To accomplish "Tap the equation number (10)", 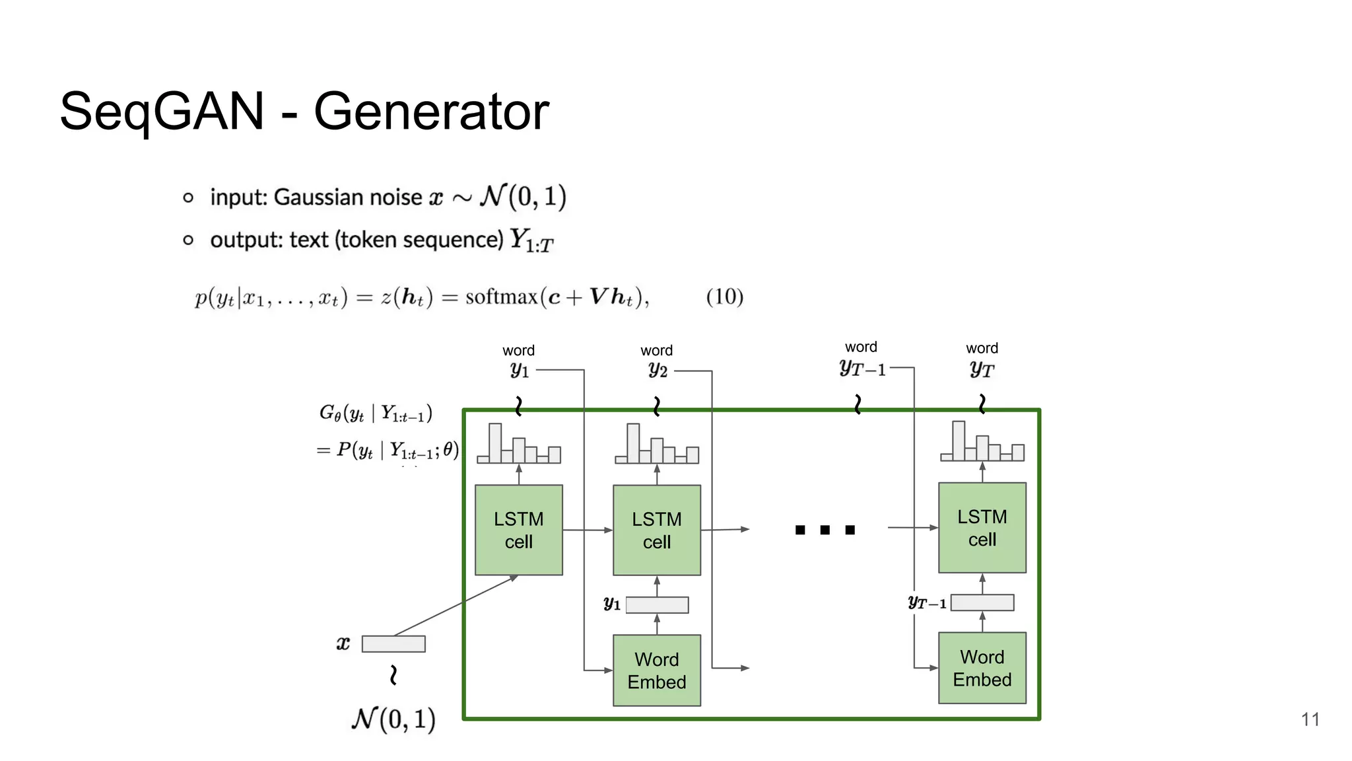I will pos(724,297).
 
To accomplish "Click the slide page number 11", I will pos(1310,719).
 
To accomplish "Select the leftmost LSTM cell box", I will pos(519,530).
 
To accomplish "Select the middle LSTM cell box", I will pos(657,530).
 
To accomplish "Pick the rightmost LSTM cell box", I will pos(982,528).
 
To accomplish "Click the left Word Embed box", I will pos(657,670).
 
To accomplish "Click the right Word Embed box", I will pos(982,668).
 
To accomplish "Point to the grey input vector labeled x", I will pos(393,643).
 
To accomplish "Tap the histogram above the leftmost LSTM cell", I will pos(519,445).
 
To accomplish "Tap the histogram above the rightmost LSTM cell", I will pos(982,442).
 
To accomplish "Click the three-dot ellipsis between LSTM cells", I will pos(825,530).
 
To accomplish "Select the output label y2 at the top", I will pos(658,370).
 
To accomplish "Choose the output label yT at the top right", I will pos(982,369).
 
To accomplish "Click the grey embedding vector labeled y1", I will pos(657,604).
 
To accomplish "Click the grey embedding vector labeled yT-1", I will pos(982,602).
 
